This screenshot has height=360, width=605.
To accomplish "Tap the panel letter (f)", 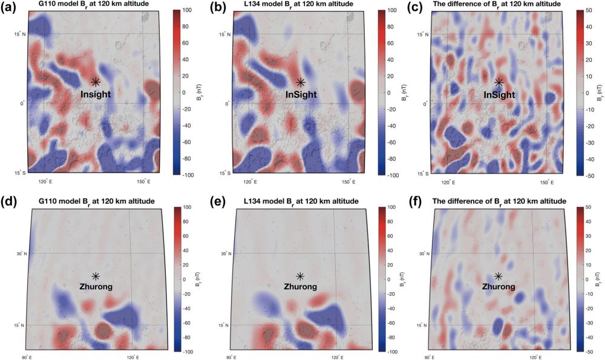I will click(414, 201).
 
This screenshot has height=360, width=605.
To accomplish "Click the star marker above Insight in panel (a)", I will click(96, 82).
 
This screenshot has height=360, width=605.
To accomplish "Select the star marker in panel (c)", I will click(499, 82).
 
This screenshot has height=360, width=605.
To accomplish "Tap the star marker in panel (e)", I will click(300, 276).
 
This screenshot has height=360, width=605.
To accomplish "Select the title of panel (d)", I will click(90, 201).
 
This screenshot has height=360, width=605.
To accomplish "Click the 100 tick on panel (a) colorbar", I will click(187, 11).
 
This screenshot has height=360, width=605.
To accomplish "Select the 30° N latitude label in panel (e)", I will click(224, 253).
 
